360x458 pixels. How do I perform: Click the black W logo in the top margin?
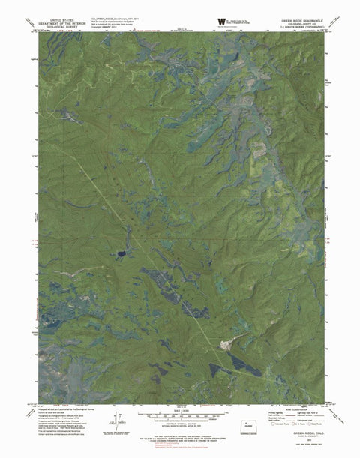(x=219, y=20)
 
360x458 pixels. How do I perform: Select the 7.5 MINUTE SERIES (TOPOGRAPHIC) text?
(x=302, y=29)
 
